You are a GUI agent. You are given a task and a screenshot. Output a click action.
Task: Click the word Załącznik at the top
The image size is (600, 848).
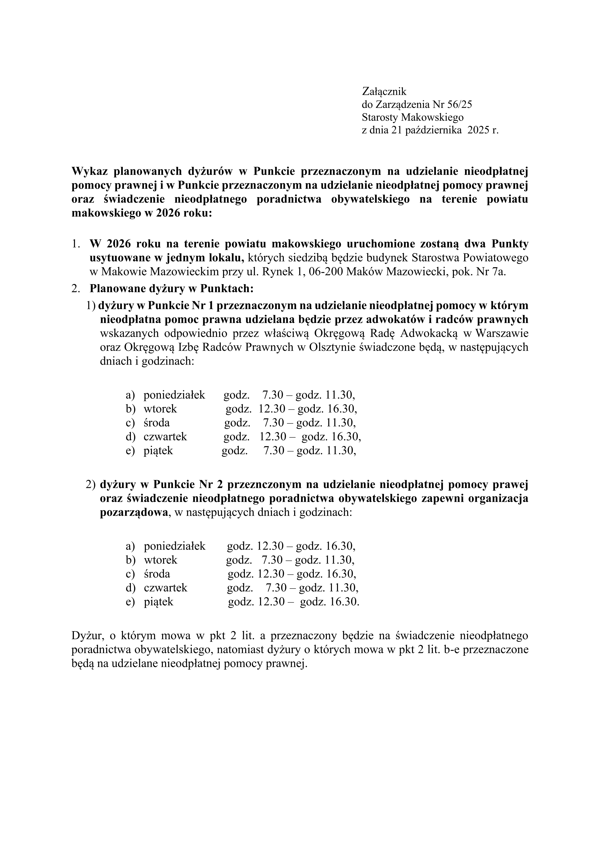tap(384, 91)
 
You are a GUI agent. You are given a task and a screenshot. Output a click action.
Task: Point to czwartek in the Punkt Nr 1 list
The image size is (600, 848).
tap(165, 436)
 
